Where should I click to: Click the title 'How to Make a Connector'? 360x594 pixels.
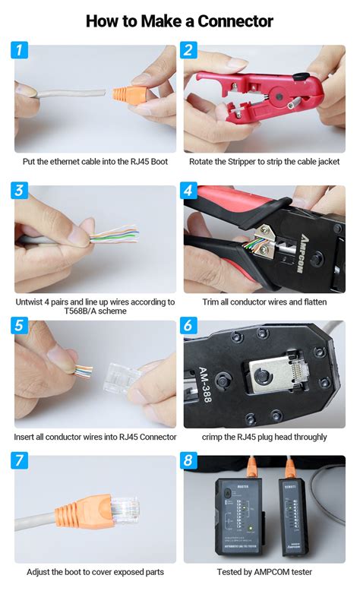179,21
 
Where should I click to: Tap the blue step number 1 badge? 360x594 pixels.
21,52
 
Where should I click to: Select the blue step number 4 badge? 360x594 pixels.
190,190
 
